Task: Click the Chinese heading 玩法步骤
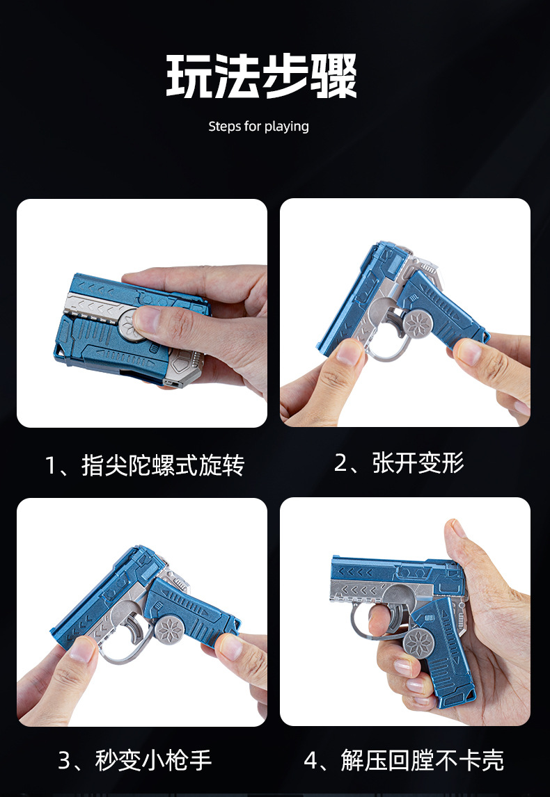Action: (x=262, y=77)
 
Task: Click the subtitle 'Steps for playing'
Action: (x=258, y=127)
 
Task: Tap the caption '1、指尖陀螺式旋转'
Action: (x=145, y=465)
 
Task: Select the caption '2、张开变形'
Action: (x=399, y=463)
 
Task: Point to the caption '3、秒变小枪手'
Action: (x=135, y=761)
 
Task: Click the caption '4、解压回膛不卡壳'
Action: (x=404, y=761)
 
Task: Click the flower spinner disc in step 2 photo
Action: (x=418, y=322)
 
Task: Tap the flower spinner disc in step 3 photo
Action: (x=168, y=630)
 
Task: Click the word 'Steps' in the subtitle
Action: (x=224, y=127)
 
